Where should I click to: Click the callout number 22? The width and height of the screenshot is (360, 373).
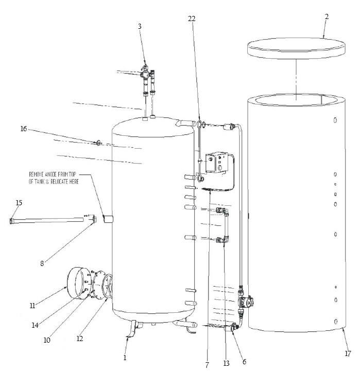(192, 19)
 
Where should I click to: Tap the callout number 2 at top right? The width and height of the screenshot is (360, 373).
(327, 16)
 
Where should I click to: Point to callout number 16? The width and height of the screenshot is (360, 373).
(24, 129)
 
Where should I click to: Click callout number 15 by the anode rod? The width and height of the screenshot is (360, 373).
(19, 203)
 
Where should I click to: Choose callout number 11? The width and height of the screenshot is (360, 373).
(33, 306)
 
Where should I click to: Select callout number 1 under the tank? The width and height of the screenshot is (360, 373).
(124, 357)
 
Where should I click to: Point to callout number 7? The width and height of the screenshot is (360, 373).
(206, 364)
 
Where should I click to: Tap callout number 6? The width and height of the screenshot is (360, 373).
(244, 361)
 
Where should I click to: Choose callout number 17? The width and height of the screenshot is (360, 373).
(348, 353)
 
